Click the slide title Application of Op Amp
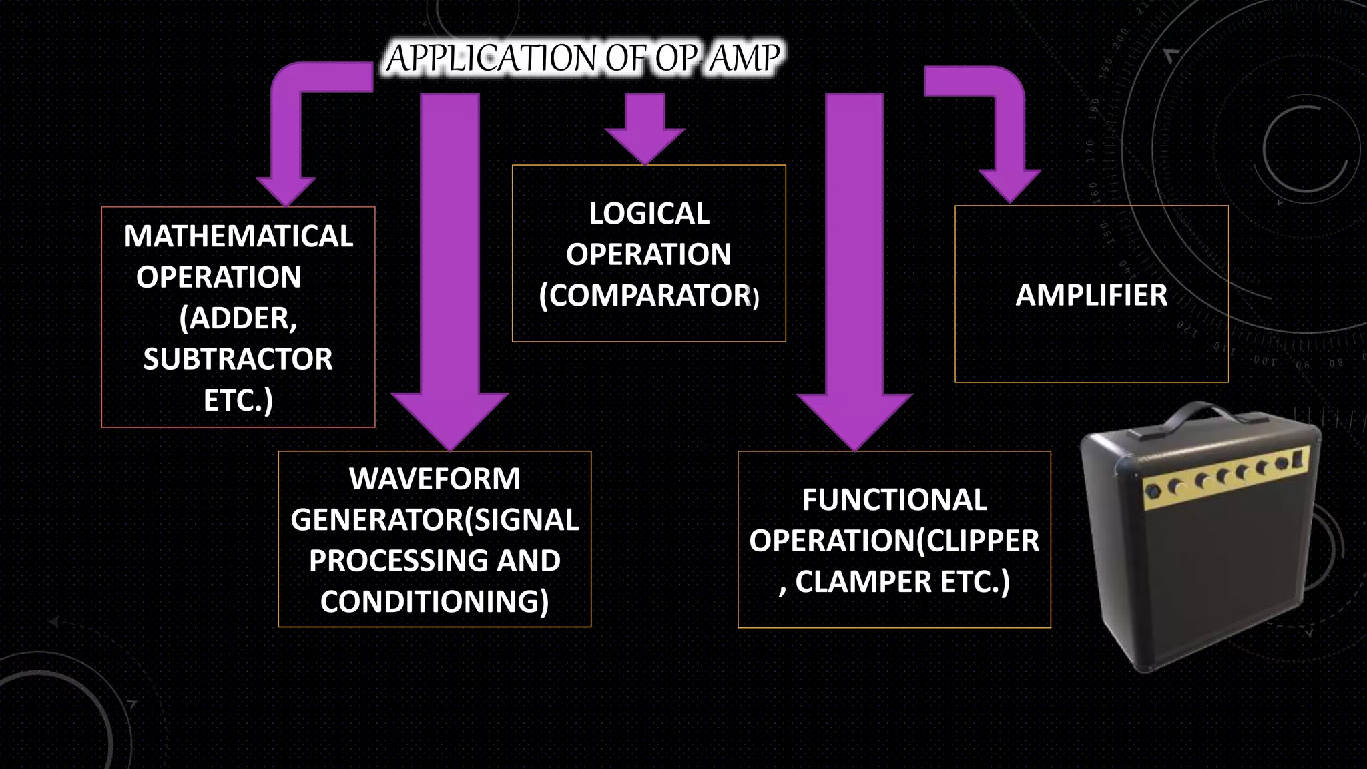point(583,57)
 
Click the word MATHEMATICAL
point(238,236)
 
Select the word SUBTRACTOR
point(238,359)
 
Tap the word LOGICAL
point(649,214)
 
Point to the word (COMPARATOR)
point(649,296)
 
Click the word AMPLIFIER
point(1091,295)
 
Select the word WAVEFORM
point(435,479)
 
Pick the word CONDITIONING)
point(435,601)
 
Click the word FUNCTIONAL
point(894,500)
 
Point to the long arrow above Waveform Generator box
point(450,267)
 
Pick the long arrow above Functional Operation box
point(854,267)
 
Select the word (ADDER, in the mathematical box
point(238,318)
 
